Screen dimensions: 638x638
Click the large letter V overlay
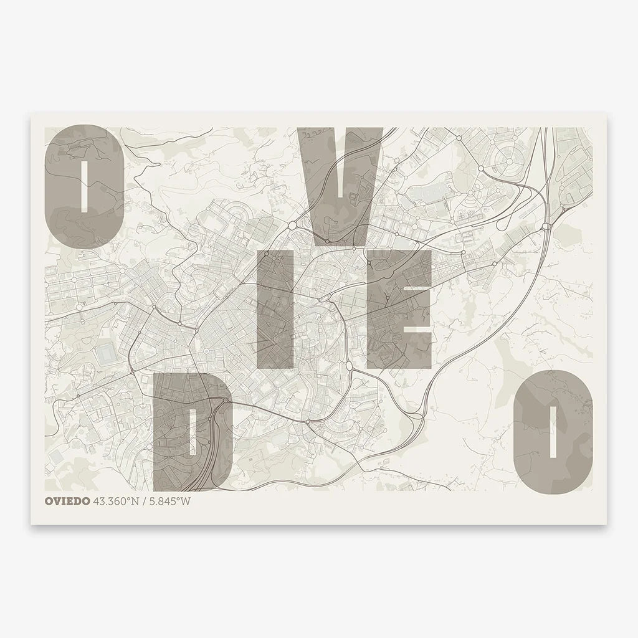pos(340,181)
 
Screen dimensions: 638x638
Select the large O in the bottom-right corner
pos(552,430)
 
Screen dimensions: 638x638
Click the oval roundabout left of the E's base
pos(348,364)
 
